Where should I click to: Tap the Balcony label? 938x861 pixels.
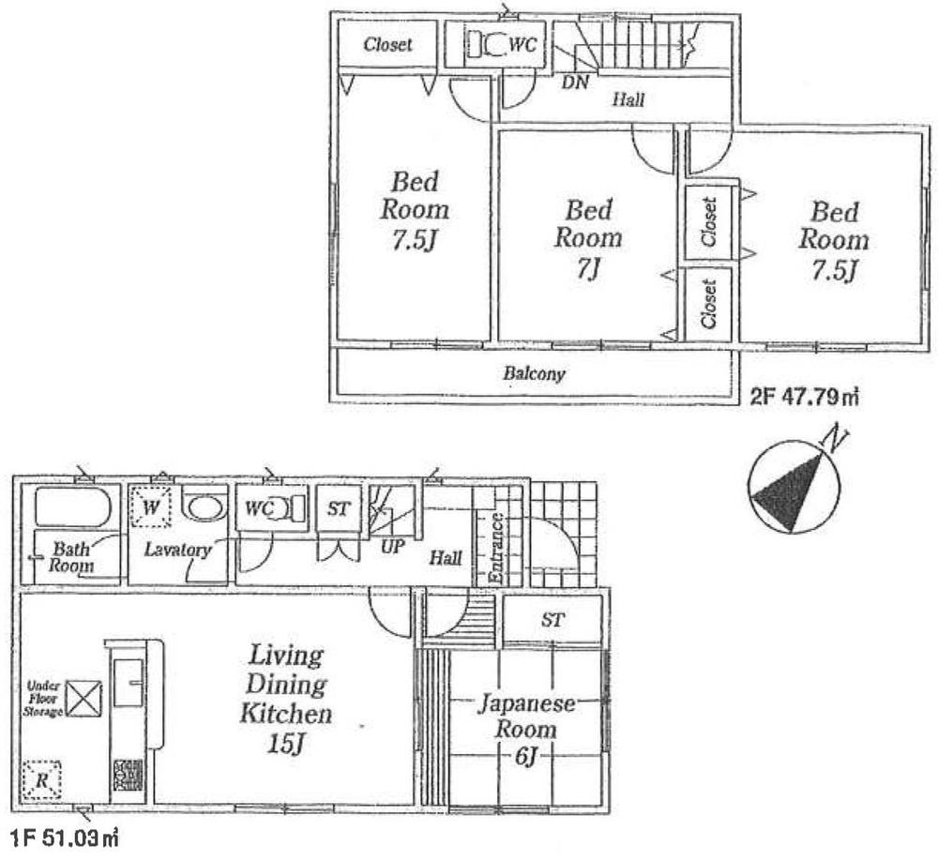pyautogui.click(x=534, y=374)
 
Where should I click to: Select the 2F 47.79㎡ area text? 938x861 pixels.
pyautogui.click(x=805, y=398)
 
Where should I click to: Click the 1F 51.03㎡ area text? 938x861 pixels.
pyautogui.click(x=62, y=835)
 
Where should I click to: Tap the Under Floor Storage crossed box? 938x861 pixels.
pyautogui.click(x=86, y=697)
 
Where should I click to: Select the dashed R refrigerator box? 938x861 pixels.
pyautogui.click(x=42, y=780)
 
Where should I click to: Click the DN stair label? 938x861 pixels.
pyautogui.click(x=574, y=82)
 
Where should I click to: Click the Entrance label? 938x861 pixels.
pyautogui.click(x=496, y=549)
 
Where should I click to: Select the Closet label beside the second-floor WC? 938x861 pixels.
pyautogui.click(x=387, y=44)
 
